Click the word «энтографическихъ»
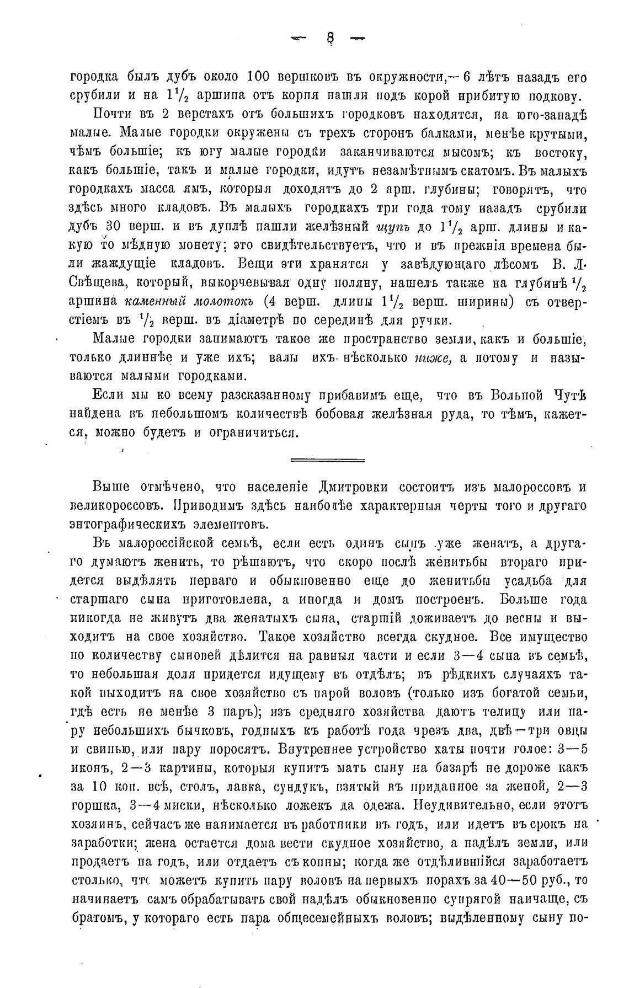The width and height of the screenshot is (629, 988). click(135, 524)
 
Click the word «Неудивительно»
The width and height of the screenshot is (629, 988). click(449, 805)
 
